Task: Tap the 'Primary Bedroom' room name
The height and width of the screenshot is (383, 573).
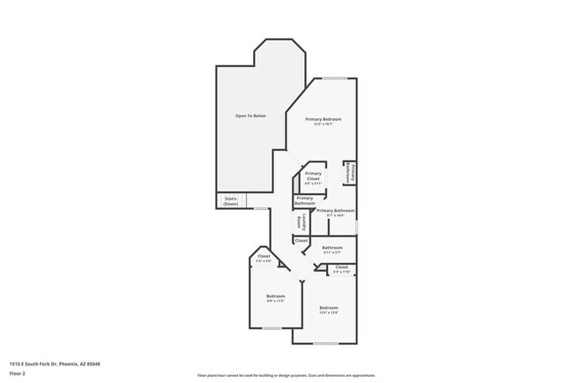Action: point(323,119)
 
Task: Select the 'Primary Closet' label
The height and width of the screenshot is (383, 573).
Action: point(313,176)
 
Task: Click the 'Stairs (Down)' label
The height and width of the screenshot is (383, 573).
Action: point(230,201)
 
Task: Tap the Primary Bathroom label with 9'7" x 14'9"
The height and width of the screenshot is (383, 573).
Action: point(335,211)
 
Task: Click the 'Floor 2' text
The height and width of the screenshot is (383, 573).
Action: point(19,372)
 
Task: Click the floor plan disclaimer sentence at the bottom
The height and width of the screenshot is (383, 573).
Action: point(286,374)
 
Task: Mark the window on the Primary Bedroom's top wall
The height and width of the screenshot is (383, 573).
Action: point(333,79)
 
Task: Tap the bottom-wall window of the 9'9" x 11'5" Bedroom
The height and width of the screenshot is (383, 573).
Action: point(272,328)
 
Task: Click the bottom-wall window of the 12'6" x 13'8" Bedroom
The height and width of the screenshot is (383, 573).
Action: point(325,343)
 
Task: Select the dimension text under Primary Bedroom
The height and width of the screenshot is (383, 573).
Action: point(323,124)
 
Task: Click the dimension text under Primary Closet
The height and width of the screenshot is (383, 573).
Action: point(313,184)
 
